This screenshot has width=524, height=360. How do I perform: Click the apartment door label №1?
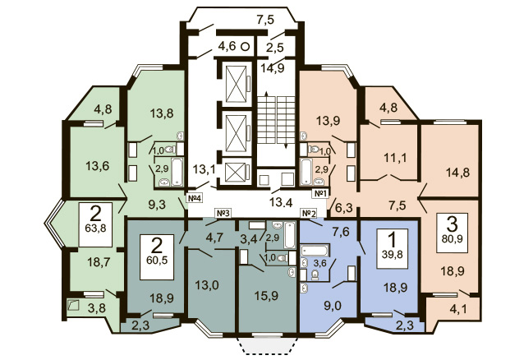[x=320, y=193]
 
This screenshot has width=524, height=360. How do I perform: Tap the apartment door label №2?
[x=309, y=213]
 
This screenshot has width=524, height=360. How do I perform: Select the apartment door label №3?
[x=223, y=213]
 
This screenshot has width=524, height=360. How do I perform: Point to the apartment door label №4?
[x=194, y=198]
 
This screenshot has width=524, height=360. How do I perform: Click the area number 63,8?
[x=95, y=229]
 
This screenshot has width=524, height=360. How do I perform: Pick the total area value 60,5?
[x=157, y=260]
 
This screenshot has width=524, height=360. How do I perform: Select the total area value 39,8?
[x=393, y=254]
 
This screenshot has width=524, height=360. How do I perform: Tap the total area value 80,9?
[x=453, y=239]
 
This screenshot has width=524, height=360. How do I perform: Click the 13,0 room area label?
[x=207, y=285]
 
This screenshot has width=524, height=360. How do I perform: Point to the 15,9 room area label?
[x=266, y=296]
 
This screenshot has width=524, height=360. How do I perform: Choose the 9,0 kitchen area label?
[x=333, y=306]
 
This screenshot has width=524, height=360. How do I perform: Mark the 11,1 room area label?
[x=395, y=157]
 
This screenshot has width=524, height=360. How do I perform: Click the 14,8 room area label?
[x=457, y=173]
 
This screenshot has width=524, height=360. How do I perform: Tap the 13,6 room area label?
[x=97, y=165]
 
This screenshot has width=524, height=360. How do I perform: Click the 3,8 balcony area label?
[x=97, y=307]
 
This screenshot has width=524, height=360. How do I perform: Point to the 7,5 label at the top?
[x=265, y=20]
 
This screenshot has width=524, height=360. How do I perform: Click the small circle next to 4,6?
[x=246, y=47]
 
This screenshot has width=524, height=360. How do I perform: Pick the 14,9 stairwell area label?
[x=273, y=68]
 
